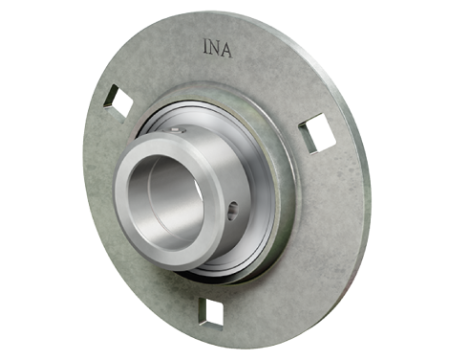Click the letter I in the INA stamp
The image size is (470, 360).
pos(206,47)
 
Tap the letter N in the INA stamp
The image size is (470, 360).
pos(214,48)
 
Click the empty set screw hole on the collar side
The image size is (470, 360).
pos(233,211)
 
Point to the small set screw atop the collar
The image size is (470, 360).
pos(176,130)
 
